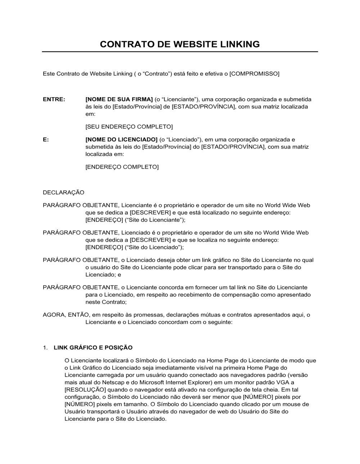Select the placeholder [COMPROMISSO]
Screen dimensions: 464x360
coord(254,74)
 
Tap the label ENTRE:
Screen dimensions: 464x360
coord(54,99)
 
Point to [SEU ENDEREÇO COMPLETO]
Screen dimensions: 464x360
coord(129,127)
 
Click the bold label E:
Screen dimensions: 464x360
coord(46,140)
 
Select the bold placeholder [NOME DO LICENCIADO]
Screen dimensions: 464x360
coord(121,140)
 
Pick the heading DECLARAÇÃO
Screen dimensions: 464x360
coord(63,192)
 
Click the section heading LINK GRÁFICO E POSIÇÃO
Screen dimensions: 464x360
coord(93,348)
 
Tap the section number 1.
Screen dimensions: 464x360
coord(45,348)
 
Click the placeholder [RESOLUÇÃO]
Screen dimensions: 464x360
coord(85,390)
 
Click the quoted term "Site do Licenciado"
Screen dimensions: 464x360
coord(156,247)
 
